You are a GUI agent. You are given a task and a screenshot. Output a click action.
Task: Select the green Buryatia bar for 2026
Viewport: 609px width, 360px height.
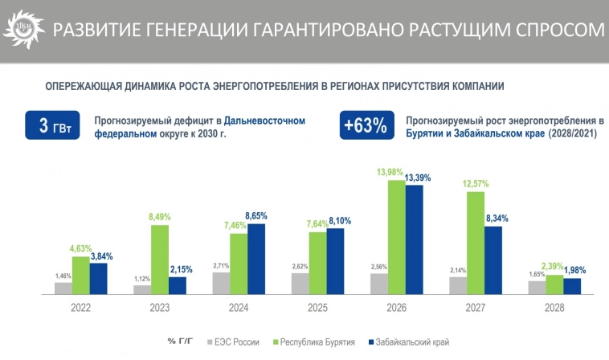tap(397, 237)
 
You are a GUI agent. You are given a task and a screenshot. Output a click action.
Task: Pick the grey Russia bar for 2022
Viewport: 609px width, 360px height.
tap(63, 288)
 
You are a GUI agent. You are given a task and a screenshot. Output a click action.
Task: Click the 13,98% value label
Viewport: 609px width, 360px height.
tap(397, 173)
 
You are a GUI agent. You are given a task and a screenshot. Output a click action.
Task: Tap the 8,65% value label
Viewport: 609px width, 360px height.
tap(258, 216)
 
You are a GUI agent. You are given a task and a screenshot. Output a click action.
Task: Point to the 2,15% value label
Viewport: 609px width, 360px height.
tap(178, 269)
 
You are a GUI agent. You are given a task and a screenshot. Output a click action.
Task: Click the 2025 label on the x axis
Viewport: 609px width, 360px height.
tap(317, 308)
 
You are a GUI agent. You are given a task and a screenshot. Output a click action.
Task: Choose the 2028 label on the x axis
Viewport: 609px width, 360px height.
tap(554, 308)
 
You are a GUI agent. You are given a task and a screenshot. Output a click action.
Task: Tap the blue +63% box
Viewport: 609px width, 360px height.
tap(365, 126)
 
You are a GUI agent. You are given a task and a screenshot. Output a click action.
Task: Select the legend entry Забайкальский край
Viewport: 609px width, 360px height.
tap(407, 342)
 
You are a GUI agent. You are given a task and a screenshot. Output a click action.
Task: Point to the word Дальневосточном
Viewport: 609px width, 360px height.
tap(265, 120)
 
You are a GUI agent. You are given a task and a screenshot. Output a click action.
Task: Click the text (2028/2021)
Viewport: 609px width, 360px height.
tap(572, 133)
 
